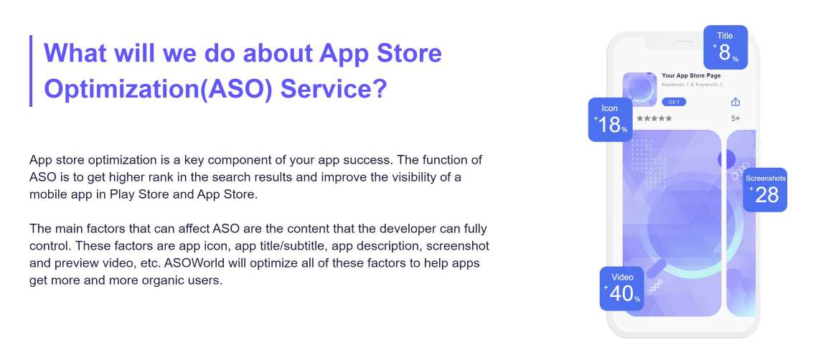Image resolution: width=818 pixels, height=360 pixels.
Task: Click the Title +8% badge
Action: [725, 47]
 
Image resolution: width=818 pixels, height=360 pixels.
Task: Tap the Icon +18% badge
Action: [611, 120]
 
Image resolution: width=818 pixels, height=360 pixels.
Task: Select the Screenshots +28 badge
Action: [765, 190]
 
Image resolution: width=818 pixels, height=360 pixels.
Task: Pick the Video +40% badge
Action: [621, 288]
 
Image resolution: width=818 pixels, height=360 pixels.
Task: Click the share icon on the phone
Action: [735, 101]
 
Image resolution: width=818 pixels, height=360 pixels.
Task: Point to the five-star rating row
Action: [654, 118]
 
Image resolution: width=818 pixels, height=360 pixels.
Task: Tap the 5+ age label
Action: [735, 118]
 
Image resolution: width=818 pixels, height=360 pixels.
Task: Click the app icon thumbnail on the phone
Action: [640, 89]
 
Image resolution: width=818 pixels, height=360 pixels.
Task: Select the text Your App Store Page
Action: [691, 75]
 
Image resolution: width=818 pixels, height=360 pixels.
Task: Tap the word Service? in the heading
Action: [334, 88]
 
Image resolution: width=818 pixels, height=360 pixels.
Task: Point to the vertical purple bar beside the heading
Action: [31, 71]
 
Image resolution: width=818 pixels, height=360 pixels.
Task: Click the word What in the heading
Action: [74, 52]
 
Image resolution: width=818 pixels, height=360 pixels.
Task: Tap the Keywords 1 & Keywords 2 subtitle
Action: [692, 85]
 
